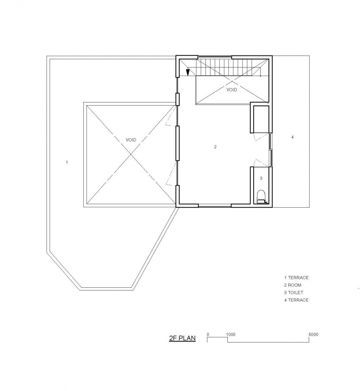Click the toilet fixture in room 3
pos(261,196)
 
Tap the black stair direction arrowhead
pos(188,72)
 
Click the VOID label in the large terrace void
pos(131,140)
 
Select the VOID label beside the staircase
pos(232,90)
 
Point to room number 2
pos(215,147)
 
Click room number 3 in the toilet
pos(261,178)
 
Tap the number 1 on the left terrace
pos(67,162)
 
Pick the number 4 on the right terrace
pos(292,137)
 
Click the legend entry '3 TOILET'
pos(293,292)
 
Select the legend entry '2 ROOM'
pos(293,285)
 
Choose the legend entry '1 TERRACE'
pos(296,278)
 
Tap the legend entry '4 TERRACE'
pos(296,300)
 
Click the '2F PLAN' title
pos(182,338)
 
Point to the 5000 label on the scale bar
pos(313,334)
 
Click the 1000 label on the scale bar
pos(231,334)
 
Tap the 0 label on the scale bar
pos(208,334)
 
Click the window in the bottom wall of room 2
pos(215,206)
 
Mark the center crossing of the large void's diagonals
pos(131,154)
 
